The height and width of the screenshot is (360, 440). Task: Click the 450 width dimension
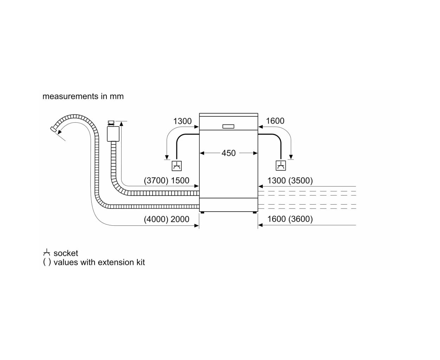point(228,153)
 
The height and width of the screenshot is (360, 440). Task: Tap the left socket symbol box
point(176,166)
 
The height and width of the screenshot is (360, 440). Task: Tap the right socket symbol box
point(280,166)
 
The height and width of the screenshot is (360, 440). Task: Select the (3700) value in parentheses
point(156,180)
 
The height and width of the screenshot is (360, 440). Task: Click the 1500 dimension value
point(180,180)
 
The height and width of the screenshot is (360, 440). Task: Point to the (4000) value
point(156,219)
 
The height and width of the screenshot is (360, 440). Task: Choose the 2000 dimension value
point(180,219)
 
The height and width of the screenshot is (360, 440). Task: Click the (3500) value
point(300,180)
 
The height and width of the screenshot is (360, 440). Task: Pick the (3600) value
point(300,219)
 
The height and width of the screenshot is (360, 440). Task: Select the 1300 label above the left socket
point(182,121)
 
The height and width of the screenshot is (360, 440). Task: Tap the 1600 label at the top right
point(275,121)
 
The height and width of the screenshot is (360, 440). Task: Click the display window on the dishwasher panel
point(228,126)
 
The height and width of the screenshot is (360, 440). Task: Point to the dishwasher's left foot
point(202,212)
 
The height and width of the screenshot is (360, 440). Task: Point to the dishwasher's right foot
point(254,212)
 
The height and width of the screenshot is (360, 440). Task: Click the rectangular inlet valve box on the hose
point(113,134)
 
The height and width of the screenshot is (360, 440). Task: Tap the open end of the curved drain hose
point(53,129)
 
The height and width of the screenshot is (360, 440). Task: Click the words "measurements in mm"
point(83,96)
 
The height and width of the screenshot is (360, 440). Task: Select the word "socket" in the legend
point(66,253)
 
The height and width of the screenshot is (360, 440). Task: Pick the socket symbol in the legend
point(46,252)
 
